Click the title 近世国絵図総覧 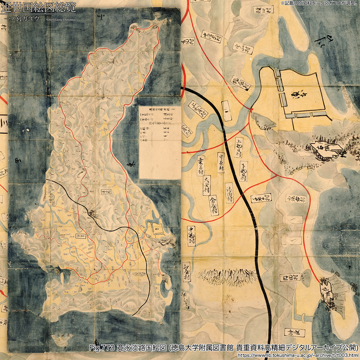tap(38, 7)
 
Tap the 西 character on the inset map tap(17, 162)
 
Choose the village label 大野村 tap(206, 185)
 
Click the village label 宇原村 tap(221, 162)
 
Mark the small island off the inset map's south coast tap(62, 339)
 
